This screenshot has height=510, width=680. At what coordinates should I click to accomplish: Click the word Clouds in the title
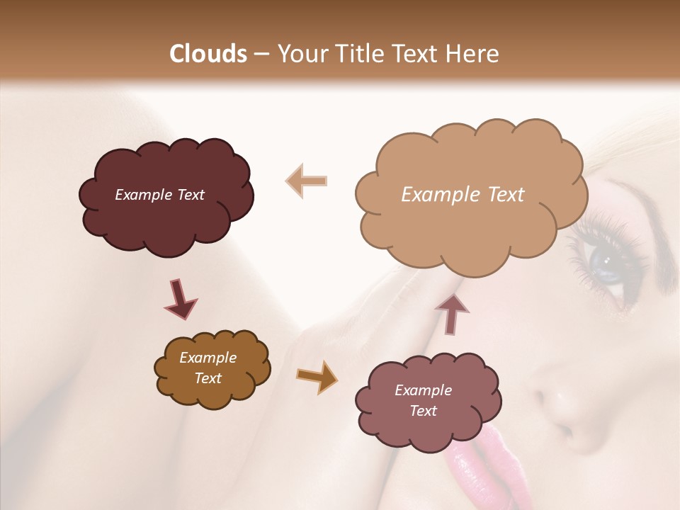coord(208,54)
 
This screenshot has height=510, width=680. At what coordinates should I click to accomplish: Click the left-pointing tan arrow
coord(306,181)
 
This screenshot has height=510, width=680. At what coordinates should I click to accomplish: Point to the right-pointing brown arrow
coord(317,376)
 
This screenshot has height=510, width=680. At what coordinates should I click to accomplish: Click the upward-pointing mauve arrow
coord(453,313)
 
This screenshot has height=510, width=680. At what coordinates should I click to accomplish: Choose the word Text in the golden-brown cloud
coord(208,378)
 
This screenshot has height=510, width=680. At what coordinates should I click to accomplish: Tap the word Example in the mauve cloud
coord(423,390)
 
